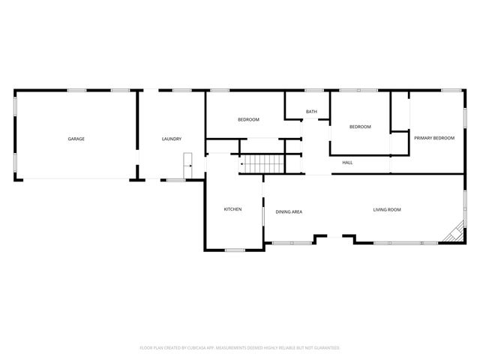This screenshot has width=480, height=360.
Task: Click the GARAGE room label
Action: coord(76,139)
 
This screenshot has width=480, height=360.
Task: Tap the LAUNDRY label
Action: coord(172,139)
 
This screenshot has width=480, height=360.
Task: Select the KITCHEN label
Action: coord(232,208)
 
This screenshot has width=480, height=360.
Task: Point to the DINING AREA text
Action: coord(288,212)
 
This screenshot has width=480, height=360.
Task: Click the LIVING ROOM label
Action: coord(387,210)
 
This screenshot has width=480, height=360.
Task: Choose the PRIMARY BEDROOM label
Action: coord(434,138)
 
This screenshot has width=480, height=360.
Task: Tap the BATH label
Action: coord(311,112)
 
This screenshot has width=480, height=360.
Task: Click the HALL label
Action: coord(347,163)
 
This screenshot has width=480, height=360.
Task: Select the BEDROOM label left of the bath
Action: coord(248,120)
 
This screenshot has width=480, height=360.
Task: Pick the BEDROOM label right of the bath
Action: coord(360,127)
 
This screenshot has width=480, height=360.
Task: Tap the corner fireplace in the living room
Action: coord(453,235)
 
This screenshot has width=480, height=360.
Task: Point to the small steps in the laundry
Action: coord(189,160)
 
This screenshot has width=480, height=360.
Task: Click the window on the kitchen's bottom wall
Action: coord(235,250)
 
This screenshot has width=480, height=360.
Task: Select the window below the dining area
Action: coord(292,242)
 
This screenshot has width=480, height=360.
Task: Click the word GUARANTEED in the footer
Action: coord(325,348)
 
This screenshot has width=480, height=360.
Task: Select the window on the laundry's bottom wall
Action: coord(176,180)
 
